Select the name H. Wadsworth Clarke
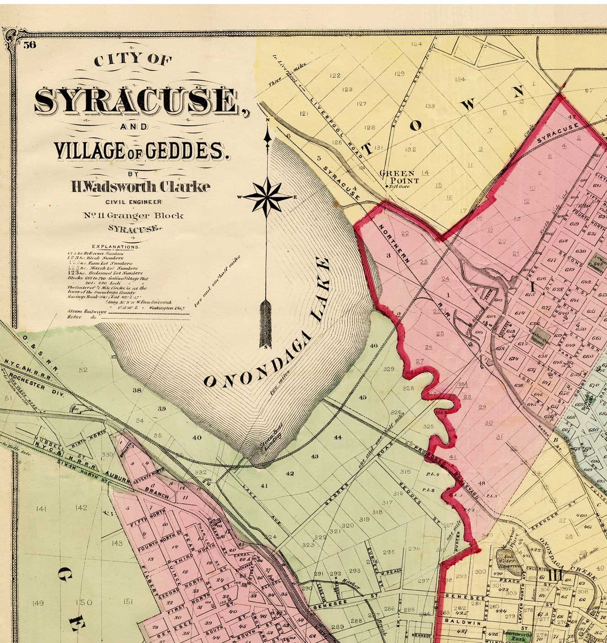pos(141,187)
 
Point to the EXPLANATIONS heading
pos(116,247)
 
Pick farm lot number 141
pos(42,509)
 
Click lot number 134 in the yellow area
pos(460,79)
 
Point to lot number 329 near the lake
pos(389,369)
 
